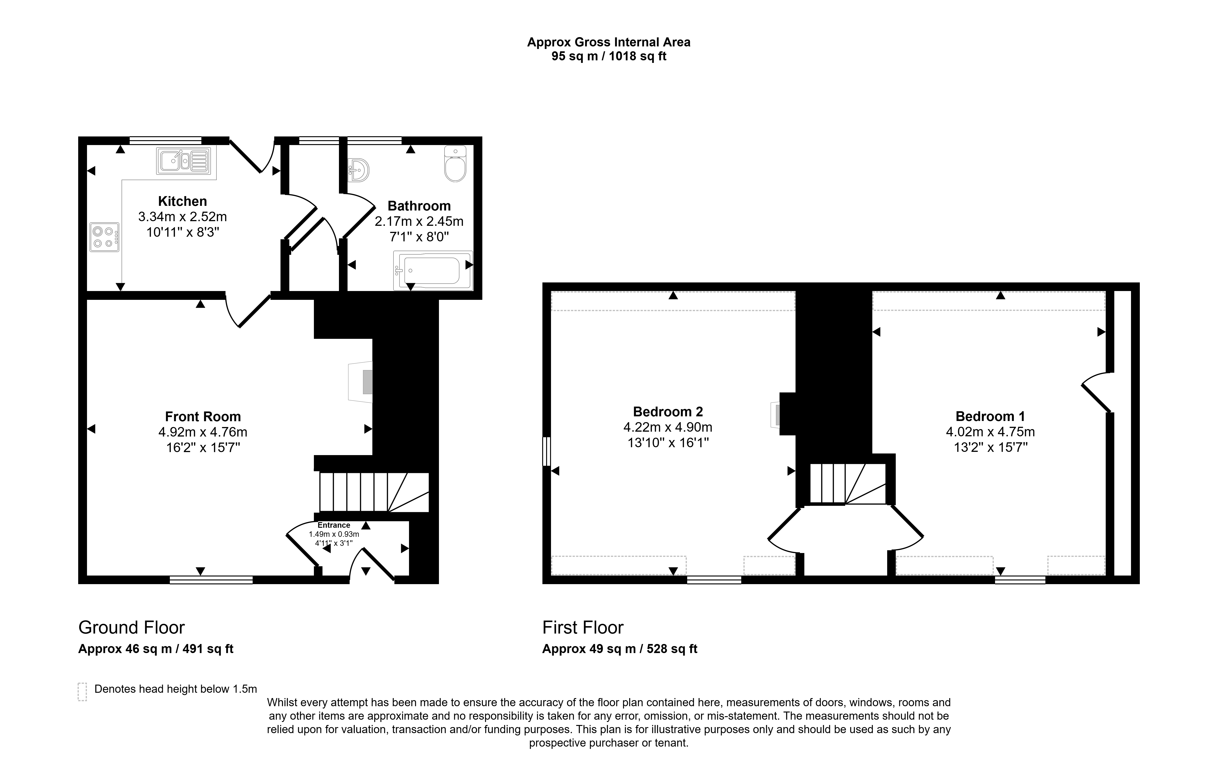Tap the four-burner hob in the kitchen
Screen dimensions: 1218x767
105,237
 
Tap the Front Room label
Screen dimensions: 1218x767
203,416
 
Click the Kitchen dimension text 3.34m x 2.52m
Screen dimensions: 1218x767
183,217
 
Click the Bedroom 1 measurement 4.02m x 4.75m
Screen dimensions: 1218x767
990,432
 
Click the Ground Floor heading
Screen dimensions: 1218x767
132,627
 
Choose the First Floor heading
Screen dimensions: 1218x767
583,627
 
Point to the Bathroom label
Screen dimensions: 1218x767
419,206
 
